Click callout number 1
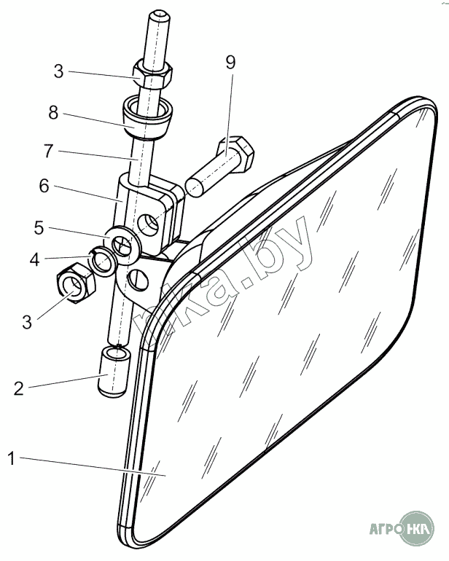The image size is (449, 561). (x=12, y=458)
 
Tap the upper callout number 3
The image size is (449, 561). (x=59, y=72)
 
